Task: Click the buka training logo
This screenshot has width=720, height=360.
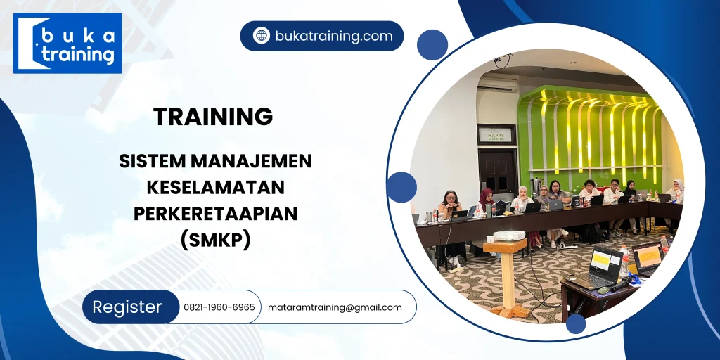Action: point(67,43)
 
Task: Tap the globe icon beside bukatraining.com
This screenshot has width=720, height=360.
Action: point(262,36)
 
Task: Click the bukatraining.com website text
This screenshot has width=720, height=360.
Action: point(333,36)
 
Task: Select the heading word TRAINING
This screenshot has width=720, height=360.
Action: point(213,117)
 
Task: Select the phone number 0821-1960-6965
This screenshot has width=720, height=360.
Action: point(219,307)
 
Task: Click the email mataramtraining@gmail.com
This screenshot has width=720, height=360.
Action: point(335,307)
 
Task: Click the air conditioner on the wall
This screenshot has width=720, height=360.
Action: point(497,84)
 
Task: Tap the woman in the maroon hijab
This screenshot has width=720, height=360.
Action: point(486,200)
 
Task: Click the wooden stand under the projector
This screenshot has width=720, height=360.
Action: point(507,278)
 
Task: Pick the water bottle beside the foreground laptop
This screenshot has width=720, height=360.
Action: point(623,262)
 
